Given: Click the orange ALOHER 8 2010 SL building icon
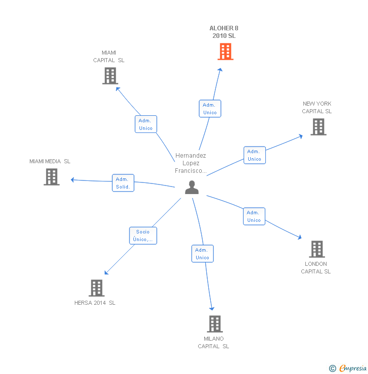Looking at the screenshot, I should tap(225, 52).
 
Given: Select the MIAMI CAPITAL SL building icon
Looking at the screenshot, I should tap(110, 76).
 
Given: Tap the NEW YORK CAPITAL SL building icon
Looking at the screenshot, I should tap(318, 127).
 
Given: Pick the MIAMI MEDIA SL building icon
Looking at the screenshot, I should tap(52, 177).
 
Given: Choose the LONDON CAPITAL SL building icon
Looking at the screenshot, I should tap(316, 249).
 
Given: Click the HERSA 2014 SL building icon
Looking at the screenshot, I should tap(97, 288).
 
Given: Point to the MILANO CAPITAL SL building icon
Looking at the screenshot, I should tap(215, 324).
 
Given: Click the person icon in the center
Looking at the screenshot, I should tap(192, 188).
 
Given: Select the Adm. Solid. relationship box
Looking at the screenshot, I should tap(123, 183).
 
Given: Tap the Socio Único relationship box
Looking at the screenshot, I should tap(143, 236).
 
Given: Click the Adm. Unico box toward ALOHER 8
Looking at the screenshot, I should tap(210, 109).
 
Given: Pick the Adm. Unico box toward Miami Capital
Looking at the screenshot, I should tap(146, 124).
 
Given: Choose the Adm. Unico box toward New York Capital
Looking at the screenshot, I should tap(254, 155).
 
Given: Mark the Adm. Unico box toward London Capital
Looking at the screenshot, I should tap(254, 216).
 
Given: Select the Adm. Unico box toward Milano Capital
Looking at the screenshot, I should tap(202, 254).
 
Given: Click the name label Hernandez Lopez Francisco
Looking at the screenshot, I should tap(191, 163).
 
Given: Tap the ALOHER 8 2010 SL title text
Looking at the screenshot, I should tap(223, 32).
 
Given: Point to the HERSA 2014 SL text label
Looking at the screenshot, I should tap(95, 303).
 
